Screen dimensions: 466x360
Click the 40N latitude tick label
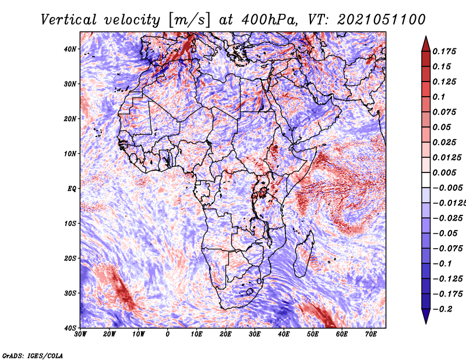pyautogui.click(x=70, y=49)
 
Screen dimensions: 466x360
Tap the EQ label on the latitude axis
pyautogui.click(x=72, y=189)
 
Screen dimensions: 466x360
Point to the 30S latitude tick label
pyautogui.click(x=70, y=294)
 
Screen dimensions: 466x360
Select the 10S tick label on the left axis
pyautogui.click(x=70, y=224)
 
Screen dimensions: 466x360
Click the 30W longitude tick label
pyautogui.click(x=80, y=334)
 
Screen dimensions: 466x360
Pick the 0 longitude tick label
pyautogui.click(x=168, y=334)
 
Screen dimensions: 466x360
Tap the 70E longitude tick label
pyautogui.click(x=371, y=334)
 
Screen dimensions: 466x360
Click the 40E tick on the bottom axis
pyautogui.click(x=284, y=334)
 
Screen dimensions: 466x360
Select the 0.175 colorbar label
pyautogui.click(x=444, y=52)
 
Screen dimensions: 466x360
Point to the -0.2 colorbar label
pyautogui.click(x=442, y=309)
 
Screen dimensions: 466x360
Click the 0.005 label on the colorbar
pyautogui.click(x=444, y=172)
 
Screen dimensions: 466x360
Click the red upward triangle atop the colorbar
pyautogui.click(x=426, y=45)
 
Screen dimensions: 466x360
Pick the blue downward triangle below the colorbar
pyautogui.click(x=426, y=316)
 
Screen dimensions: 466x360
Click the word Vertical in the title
pyautogui.click(x=69, y=20)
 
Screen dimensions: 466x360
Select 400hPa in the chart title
pyautogui.click(x=270, y=20)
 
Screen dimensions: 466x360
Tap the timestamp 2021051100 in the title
pyautogui.click(x=382, y=20)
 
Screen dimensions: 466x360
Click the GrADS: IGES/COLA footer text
pyautogui.click(x=33, y=356)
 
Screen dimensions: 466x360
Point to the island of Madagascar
pyautogui.click(x=303, y=254)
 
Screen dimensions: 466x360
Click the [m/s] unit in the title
pyautogui.click(x=189, y=20)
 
